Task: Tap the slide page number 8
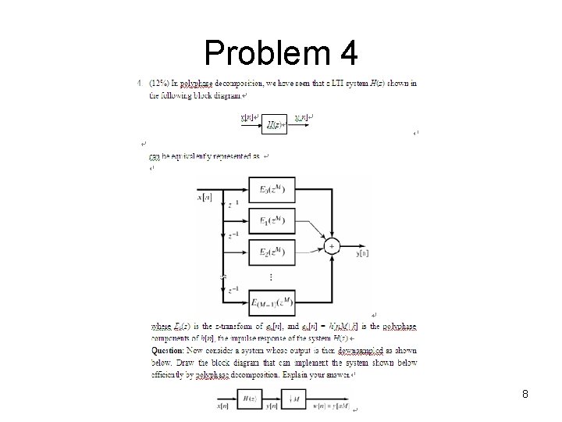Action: (x=525, y=395)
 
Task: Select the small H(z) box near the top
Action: (x=275, y=124)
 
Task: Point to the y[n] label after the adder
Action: (x=361, y=254)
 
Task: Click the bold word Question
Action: (x=168, y=352)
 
